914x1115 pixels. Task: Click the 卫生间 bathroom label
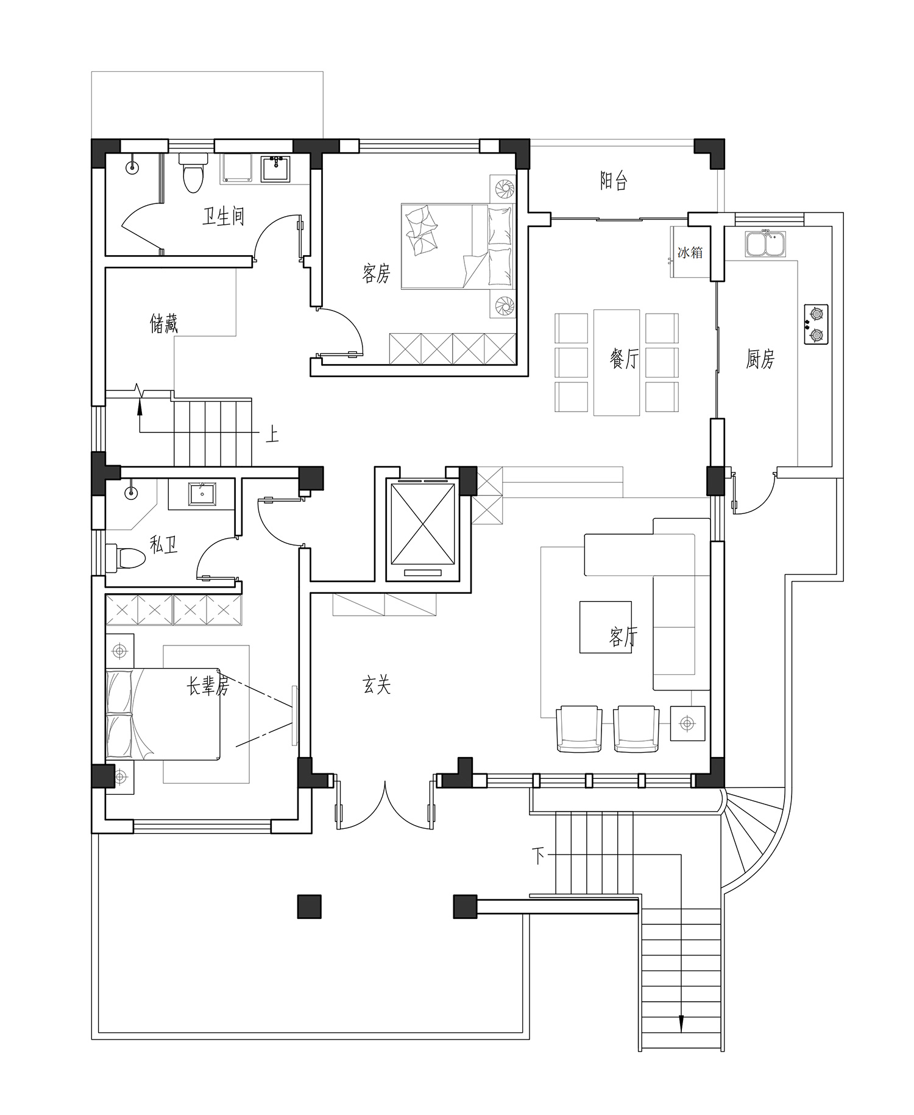pyautogui.click(x=224, y=216)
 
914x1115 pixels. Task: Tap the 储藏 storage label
pyautogui.click(x=164, y=323)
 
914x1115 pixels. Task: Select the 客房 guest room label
pyautogui.click(x=376, y=273)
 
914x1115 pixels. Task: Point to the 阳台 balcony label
pyautogui.click(x=614, y=180)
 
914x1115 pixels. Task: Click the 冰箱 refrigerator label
pyautogui.click(x=690, y=252)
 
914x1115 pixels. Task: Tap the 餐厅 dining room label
pyautogui.click(x=624, y=359)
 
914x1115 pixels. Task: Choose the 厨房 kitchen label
pyautogui.click(x=760, y=359)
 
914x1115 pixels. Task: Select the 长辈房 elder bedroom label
pyautogui.click(x=208, y=686)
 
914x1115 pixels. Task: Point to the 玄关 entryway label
pyautogui.click(x=377, y=686)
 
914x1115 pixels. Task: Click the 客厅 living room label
pyautogui.click(x=624, y=637)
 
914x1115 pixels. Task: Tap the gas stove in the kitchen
pyautogui.click(x=816, y=325)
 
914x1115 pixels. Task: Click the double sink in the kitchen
pyautogui.click(x=765, y=244)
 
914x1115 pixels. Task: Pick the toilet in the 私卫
pyautogui.click(x=126, y=557)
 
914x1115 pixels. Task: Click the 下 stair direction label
pyautogui.click(x=539, y=856)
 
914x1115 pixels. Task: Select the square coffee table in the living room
pyautogui.click(x=605, y=627)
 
